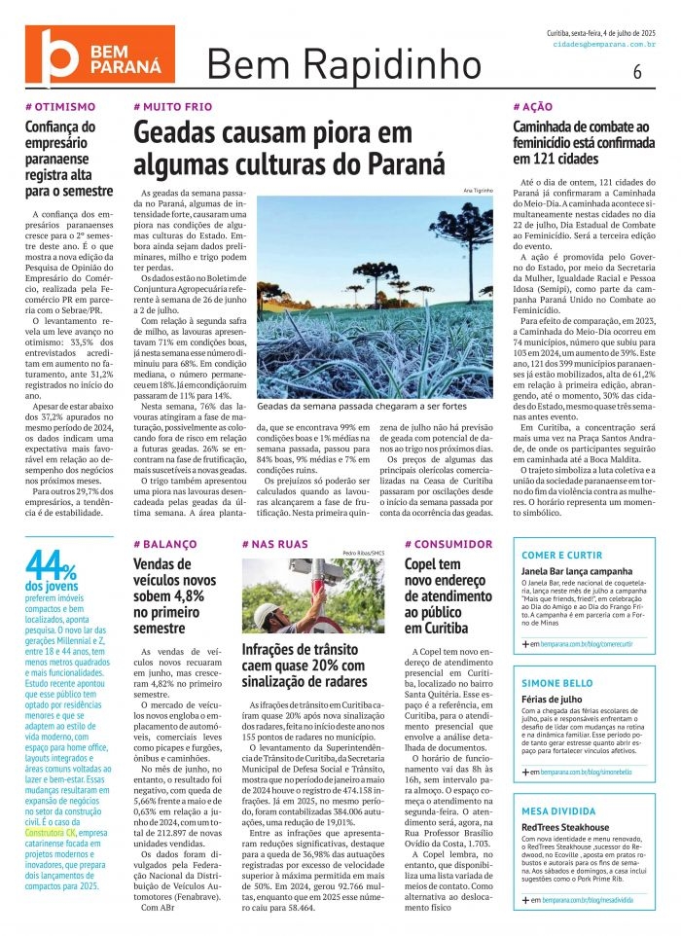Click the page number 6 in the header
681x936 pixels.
click(637, 71)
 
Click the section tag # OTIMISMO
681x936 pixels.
click(60, 106)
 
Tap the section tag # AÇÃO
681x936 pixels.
click(534, 106)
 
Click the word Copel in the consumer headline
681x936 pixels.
click(425, 563)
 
